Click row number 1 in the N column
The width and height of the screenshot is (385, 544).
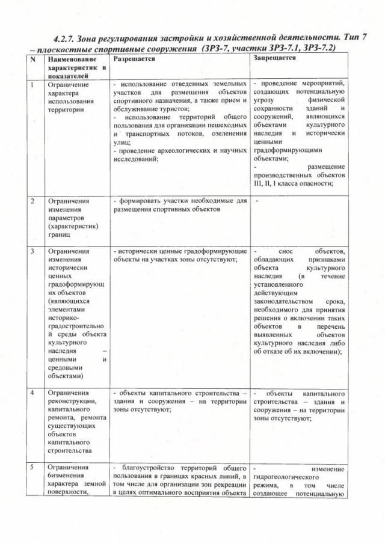(x=32, y=85)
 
